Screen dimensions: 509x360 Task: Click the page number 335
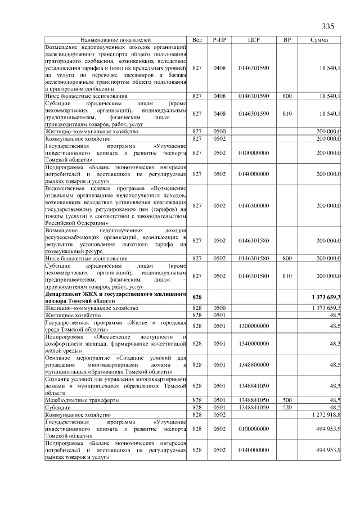[328, 27]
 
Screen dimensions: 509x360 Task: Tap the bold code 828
[197, 297]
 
